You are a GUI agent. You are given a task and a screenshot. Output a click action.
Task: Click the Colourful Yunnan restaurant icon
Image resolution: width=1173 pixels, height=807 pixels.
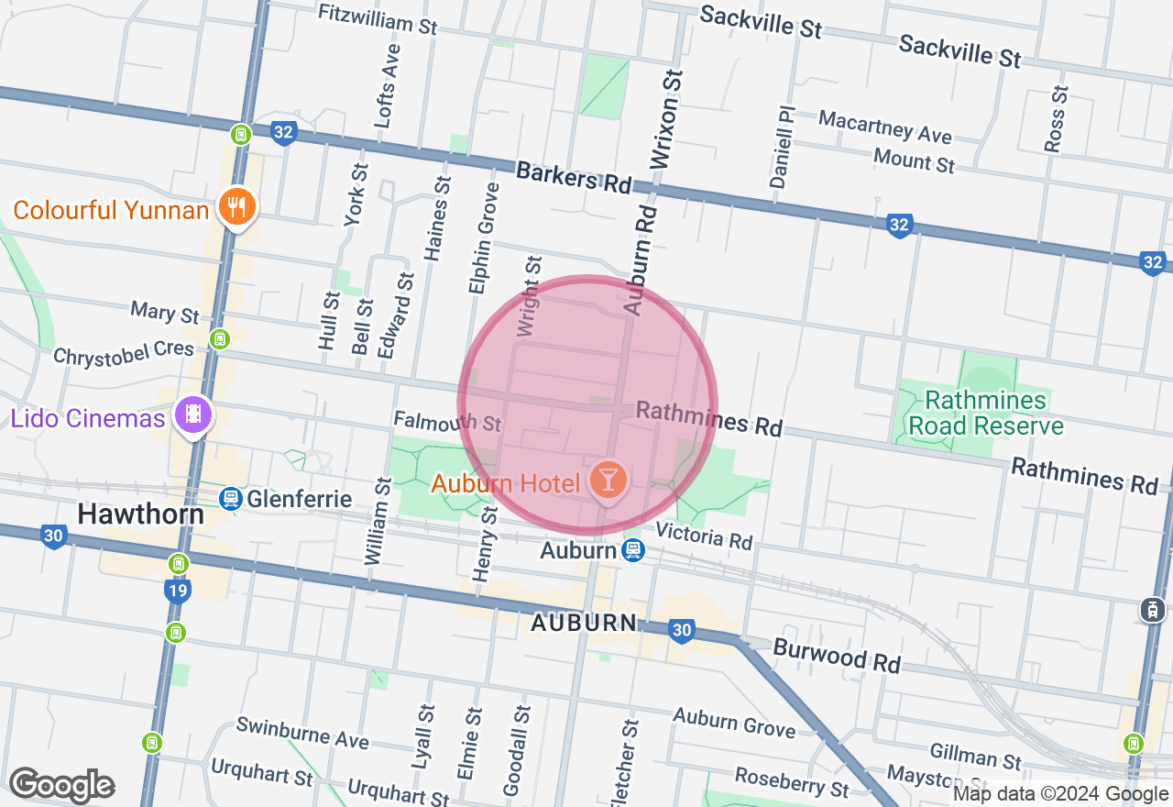(237, 206)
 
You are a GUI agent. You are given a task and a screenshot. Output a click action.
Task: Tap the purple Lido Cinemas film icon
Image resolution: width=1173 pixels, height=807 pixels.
(192, 415)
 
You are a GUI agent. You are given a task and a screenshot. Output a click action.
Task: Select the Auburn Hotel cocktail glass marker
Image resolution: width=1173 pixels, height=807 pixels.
(607, 478)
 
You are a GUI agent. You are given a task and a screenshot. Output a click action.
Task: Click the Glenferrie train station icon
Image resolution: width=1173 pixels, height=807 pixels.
(230, 498)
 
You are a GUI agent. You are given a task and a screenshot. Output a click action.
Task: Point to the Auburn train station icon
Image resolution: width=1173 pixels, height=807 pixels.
(631, 550)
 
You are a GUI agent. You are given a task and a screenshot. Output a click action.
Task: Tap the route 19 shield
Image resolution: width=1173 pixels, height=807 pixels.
(178, 590)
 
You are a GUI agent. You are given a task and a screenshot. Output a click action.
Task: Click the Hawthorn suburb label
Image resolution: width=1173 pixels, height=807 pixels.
(140, 514)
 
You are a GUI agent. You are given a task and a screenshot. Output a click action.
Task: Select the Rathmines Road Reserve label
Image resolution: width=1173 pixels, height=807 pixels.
(984, 413)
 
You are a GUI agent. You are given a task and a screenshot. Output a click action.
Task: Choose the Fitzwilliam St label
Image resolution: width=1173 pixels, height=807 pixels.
(378, 18)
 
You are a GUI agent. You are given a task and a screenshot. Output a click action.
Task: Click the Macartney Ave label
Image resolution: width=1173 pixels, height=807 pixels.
(884, 127)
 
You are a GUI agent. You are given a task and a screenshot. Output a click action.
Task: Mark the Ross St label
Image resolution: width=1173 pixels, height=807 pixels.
(1057, 118)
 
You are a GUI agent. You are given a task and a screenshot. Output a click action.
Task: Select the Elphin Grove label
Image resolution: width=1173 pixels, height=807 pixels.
(483, 238)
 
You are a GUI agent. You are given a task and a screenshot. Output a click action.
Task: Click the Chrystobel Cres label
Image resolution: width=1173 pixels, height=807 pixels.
(124, 352)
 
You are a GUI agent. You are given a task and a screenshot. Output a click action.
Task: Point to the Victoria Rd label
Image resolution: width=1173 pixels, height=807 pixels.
(704, 536)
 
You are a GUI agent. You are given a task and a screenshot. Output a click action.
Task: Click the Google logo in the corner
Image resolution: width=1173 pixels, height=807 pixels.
(61, 785)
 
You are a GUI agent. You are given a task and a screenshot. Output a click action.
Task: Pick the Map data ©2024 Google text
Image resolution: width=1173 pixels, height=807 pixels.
(1060, 794)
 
